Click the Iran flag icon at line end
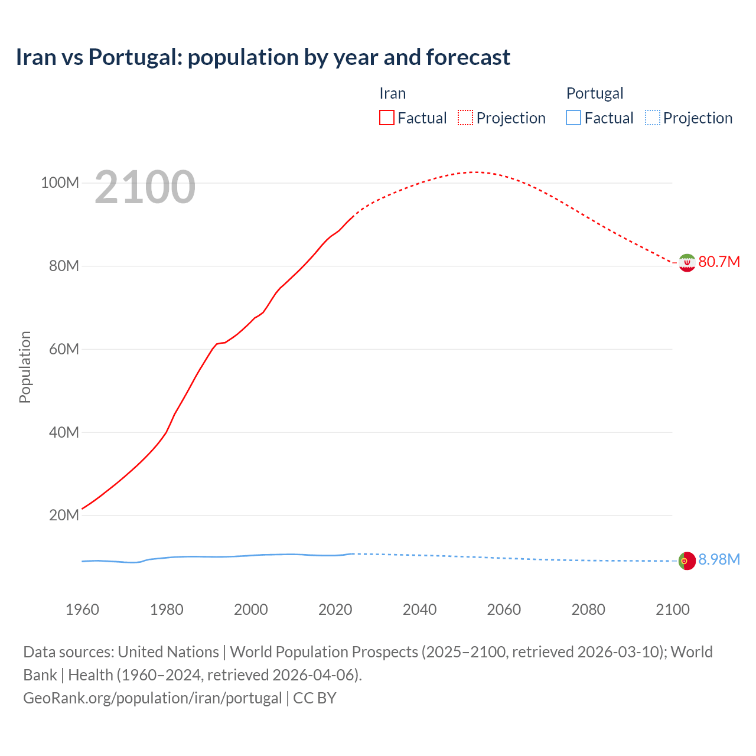click(687, 262)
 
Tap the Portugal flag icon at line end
click(687, 561)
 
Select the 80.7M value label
click(719, 262)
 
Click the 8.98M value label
click(719, 559)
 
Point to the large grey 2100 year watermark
click(145, 187)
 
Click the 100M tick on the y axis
click(60, 183)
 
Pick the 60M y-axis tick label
click(64, 349)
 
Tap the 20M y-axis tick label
click(64, 515)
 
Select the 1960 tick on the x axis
click(82, 610)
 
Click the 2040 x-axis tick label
click(419, 610)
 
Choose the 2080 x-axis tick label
click(588, 610)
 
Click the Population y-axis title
click(25, 367)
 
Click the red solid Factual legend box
click(387, 118)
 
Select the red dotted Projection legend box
click(465, 118)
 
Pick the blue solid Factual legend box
click(573, 118)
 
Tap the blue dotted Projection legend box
click(652, 118)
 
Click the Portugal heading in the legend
click(594, 93)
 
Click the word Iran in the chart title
click(36, 57)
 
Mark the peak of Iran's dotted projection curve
click(474, 172)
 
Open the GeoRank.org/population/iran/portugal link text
click(152, 698)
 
